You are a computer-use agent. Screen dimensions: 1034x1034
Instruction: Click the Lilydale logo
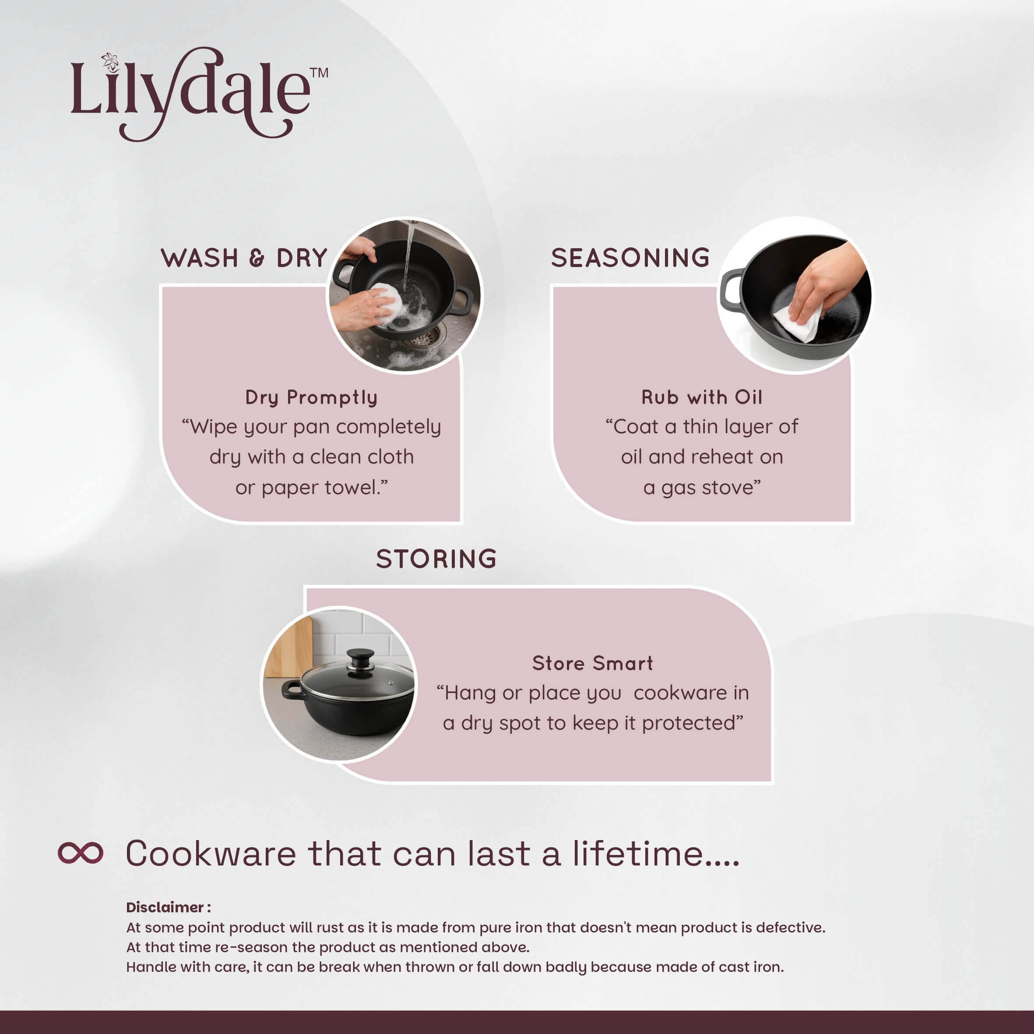[199, 94]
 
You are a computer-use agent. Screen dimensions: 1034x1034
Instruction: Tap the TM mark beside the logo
[319, 73]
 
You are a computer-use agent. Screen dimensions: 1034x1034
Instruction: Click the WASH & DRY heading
[244, 258]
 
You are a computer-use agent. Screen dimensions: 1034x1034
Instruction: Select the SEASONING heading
[630, 258]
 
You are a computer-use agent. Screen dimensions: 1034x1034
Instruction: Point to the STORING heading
[436, 559]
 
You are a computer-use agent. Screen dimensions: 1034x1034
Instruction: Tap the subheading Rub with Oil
[702, 397]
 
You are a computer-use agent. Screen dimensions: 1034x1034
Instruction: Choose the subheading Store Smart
[592, 663]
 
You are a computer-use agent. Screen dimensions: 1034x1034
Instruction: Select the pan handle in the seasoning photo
[732, 289]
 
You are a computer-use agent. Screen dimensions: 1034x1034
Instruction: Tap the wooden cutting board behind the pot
[289, 647]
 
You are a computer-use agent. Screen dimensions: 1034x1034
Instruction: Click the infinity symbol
[80, 853]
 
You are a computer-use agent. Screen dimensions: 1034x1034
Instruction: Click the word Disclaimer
[165, 907]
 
